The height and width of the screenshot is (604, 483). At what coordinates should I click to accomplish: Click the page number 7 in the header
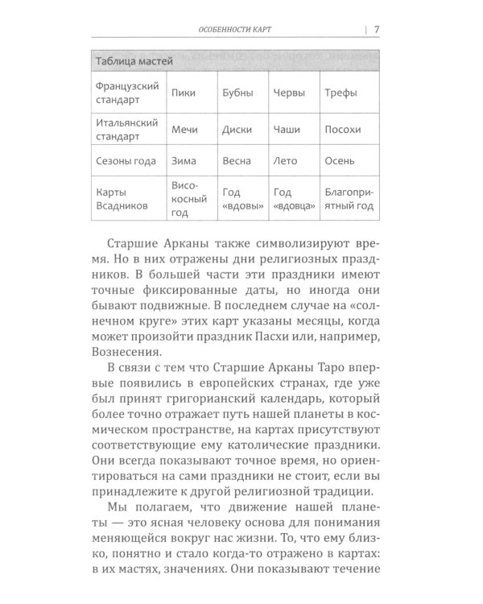pyautogui.click(x=377, y=30)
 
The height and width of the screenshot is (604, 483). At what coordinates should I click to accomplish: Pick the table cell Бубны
pyautogui.click(x=237, y=93)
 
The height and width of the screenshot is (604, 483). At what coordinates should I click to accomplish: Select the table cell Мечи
pyautogui.click(x=184, y=129)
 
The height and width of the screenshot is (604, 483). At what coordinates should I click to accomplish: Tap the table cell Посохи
pyautogui.click(x=343, y=129)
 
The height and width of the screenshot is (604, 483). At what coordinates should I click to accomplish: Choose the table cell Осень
pyautogui.click(x=339, y=161)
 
